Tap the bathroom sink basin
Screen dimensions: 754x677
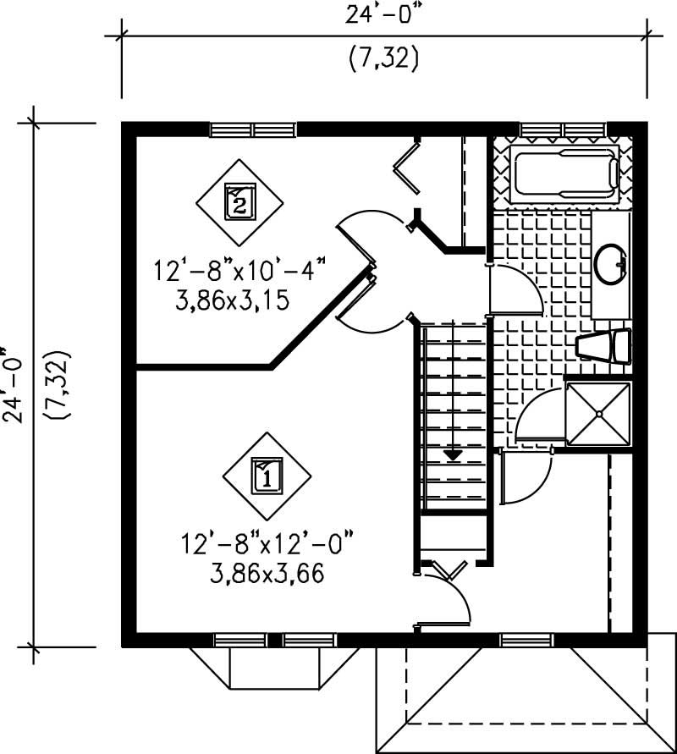tap(611, 264)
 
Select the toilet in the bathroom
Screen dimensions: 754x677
tap(604, 345)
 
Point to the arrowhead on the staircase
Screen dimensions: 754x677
tap(454, 454)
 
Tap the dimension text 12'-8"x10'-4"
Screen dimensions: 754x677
tap(239, 272)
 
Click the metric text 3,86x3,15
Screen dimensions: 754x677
tap(239, 300)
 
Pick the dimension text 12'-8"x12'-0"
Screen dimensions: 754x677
tap(266, 542)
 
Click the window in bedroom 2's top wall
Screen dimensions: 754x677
tap(253, 129)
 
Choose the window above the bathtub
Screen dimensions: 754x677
tap(563, 129)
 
